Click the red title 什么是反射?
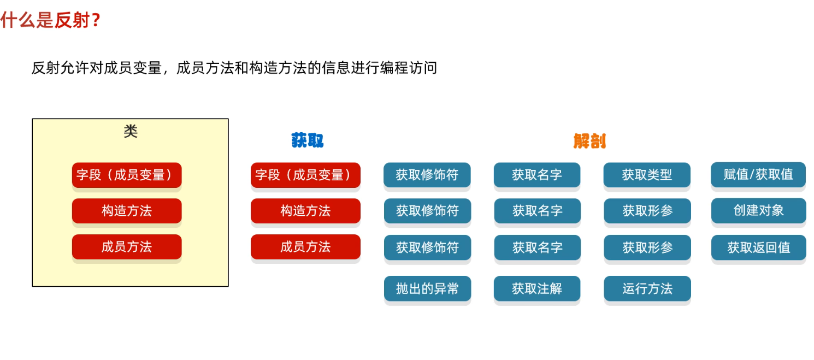pos(50,20)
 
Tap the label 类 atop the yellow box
pos(131,131)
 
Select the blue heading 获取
pos(307,140)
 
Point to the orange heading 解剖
pos(589,141)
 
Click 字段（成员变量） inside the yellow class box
pos(127,175)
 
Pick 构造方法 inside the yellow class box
pos(127,211)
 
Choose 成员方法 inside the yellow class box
pos(127,247)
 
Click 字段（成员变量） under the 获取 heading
pos(305,175)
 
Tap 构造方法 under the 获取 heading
pos(305,211)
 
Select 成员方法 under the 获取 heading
pos(305,247)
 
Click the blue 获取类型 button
pos(647,175)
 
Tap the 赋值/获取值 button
pos(758,175)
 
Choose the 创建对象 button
pos(759,211)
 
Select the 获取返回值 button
pos(759,247)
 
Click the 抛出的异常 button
pos(427,288)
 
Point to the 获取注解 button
pos(537,288)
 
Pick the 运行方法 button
pos(647,288)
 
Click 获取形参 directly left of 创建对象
pos(647,211)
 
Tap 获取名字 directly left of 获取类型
pos(537,175)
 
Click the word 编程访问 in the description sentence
pos(409,68)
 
